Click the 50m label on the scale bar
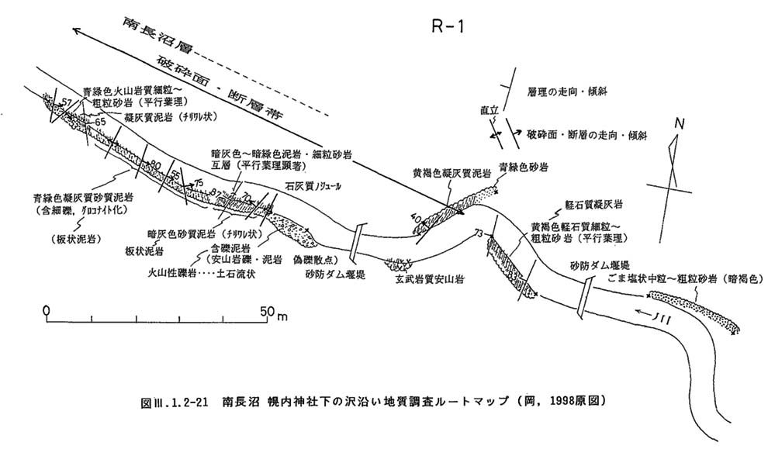click(x=272, y=311)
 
